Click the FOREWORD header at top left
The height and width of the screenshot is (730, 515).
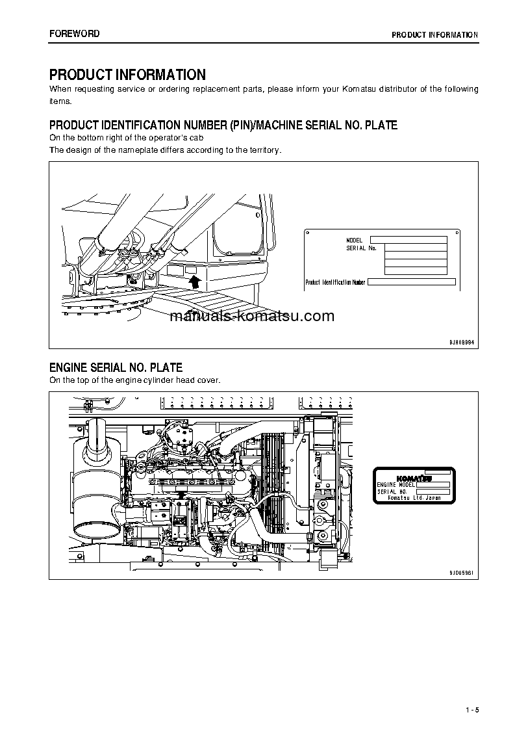coord(75,34)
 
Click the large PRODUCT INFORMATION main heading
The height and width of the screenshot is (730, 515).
coord(127,75)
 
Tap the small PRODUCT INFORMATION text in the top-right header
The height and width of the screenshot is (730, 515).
coord(434,35)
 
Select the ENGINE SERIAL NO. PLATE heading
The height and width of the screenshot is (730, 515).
coord(116,368)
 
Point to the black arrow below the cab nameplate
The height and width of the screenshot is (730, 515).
coord(194,281)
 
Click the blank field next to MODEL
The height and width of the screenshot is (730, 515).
coord(408,240)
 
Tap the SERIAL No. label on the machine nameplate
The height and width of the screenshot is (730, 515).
coord(361,248)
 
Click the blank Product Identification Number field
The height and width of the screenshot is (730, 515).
coord(412,282)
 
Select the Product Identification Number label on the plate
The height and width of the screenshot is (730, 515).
coord(336,282)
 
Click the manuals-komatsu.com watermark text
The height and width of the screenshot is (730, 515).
coord(252,317)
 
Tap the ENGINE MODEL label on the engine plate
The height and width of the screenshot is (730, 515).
coord(396,485)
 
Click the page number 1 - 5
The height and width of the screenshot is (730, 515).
coord(471,709)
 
